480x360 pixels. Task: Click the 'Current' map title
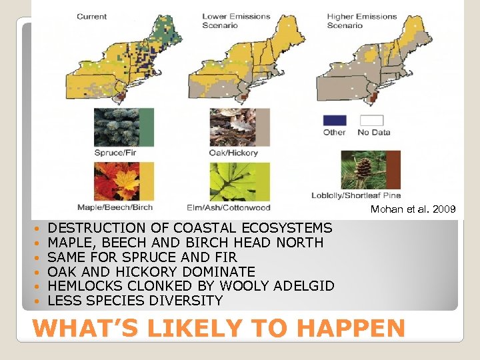91,16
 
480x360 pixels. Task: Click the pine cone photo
364,170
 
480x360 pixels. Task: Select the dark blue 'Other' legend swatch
335,121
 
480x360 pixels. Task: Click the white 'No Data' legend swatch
372,121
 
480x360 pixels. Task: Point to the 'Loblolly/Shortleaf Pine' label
356,195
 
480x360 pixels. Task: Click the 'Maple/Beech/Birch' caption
115,207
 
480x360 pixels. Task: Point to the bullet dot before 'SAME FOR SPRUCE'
38,258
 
